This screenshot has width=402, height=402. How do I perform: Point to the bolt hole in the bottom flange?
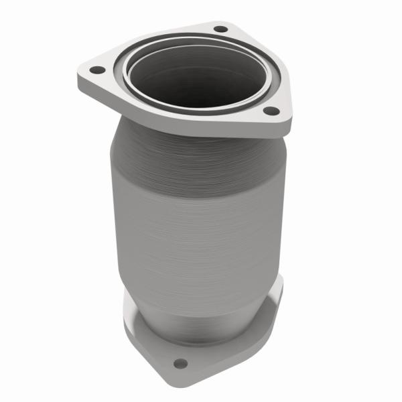(x=180, y=364)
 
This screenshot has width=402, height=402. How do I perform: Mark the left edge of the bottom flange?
(x=125, y=322)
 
